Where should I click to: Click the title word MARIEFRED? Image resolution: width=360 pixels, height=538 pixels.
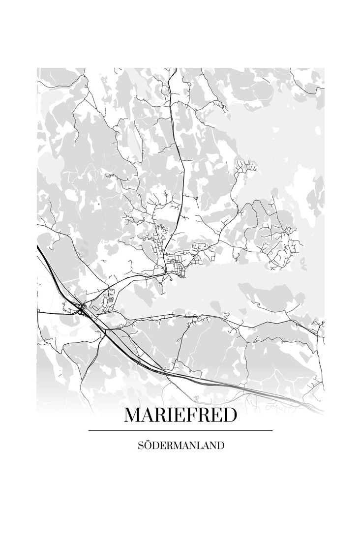180,416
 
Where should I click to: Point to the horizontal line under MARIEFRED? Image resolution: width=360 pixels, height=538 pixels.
180,430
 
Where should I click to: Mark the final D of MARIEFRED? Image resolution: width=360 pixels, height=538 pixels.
229,416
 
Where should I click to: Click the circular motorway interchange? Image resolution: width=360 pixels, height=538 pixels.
81,309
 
